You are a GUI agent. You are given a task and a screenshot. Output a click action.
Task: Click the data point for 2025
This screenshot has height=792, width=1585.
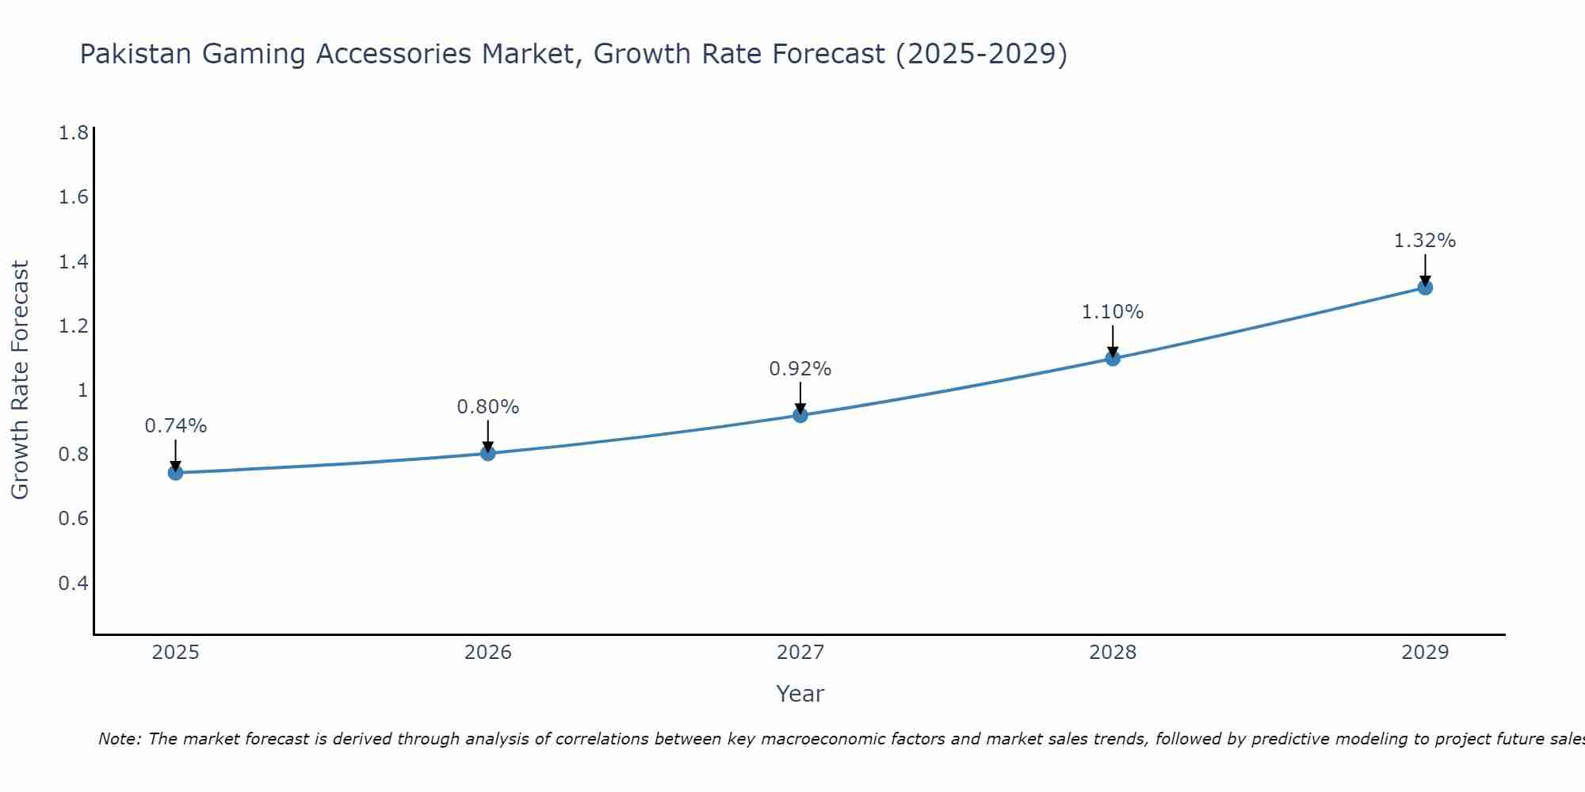[175, 473]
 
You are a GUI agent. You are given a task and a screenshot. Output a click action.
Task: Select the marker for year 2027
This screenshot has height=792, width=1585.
[800, 415]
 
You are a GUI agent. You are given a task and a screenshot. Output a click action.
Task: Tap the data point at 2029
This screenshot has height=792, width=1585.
[1425, 287]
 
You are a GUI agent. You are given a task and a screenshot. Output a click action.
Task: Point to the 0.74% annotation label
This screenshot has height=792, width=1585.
[175, 426]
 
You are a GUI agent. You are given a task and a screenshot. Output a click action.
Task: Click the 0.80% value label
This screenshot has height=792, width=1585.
[488, 407]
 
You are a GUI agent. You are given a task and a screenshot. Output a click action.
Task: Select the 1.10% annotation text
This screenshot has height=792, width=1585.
[1113, 312]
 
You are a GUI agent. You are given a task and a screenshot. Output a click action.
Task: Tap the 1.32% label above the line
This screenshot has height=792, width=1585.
[1425, 241]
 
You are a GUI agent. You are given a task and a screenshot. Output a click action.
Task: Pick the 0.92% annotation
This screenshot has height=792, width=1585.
[800, 369]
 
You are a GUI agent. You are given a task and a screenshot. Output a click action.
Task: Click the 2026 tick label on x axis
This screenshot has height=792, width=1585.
[488, 653]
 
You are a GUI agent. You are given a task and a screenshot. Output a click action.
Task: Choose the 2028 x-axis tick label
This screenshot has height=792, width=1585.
[1113, 653]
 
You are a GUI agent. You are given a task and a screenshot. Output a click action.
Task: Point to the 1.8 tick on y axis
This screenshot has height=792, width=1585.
[74, 132]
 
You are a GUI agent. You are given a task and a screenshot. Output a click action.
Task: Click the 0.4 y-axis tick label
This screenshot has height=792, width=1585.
[74, 584]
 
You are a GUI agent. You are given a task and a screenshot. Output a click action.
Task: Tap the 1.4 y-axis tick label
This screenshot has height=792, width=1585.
[74, 261]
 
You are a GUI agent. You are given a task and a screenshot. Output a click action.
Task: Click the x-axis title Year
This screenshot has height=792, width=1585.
[800, 694]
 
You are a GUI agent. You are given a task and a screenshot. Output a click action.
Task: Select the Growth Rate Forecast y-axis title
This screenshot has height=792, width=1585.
[20, 380]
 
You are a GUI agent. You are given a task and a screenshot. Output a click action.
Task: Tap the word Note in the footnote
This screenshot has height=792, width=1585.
[118, 739]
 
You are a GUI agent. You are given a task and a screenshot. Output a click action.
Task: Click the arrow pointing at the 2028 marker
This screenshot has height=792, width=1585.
[1113, 342]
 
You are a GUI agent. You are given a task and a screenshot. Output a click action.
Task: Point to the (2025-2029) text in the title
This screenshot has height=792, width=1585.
[981, 54]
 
